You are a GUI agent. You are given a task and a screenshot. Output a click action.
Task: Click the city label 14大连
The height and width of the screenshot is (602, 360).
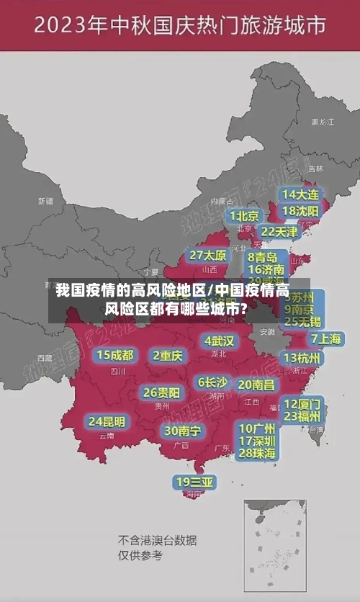click(x=300, y=194)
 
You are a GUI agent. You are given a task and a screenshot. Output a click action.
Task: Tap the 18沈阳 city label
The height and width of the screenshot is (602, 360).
click(x=300, y=211)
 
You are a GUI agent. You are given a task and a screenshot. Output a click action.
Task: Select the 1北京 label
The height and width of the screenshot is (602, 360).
click(x=245, y=215)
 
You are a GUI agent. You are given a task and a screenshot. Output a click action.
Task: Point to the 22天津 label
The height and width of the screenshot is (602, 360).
click(x=279, y=231)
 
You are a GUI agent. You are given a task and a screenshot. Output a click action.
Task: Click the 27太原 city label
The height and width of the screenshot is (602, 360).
click(x=208, y=255)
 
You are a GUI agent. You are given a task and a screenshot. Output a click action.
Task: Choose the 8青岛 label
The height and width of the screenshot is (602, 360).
click(x=262, y=256)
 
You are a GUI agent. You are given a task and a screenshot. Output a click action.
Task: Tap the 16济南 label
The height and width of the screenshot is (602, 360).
click(x=266, y=269)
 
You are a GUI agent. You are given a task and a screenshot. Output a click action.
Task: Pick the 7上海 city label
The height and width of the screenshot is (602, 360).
click(x=325, y=338)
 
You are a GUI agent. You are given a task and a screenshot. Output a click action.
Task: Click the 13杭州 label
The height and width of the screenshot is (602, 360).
click(x=302, y=357)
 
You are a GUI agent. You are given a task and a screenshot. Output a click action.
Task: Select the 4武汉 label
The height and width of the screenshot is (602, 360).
click(x=219, y=340)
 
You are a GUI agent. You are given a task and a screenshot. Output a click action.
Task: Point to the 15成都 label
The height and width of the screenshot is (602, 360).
click(x=115, y=355)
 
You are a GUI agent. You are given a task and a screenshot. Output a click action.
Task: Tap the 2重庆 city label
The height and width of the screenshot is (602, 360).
click(x=168, y=355)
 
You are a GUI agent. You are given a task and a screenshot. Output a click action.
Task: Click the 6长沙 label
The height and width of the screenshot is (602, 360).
click(x=212, y=382)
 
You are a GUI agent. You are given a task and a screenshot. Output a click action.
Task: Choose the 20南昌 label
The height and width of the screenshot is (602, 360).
click(x=256, y=385)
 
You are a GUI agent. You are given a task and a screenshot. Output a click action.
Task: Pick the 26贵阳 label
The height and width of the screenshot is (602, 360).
click(x=161, y=392)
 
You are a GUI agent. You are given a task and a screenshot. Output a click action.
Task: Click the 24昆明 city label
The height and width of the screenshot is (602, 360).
click(x=107, y=421)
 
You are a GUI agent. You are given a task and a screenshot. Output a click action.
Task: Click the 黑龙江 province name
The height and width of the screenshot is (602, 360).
click(x=322, y=122)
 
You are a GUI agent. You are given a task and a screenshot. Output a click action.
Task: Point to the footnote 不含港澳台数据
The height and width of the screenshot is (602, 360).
click(x=157, y=540)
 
